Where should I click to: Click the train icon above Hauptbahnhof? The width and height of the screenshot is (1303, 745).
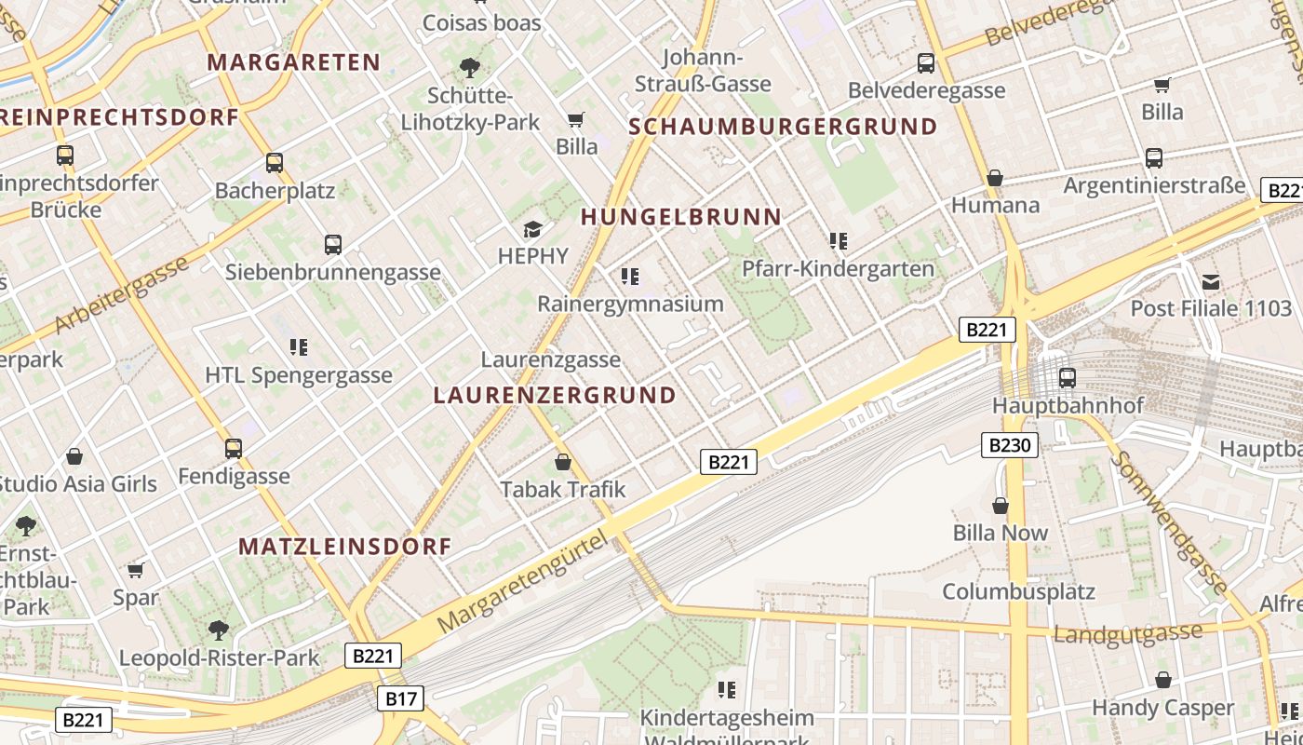[1068, 378]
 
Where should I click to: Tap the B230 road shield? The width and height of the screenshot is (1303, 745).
[1010, 445]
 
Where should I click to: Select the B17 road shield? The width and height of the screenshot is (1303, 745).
[402, 698]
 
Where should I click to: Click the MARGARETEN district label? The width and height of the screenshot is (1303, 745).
[294, 62]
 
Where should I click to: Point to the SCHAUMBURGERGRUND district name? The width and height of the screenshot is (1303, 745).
[784, 127]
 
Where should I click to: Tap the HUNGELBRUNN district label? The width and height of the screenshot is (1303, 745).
[681, 217]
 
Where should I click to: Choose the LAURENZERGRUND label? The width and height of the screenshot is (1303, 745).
[555, 395]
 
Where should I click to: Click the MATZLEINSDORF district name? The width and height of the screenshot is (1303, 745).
[345, 547]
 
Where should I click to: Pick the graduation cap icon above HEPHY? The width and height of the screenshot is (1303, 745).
[532, 229]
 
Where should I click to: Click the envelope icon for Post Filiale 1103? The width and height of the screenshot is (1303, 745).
[1211, 281]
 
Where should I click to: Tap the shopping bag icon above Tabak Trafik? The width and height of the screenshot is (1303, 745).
[563, 462]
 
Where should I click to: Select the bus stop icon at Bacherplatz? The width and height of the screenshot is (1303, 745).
[275, 163]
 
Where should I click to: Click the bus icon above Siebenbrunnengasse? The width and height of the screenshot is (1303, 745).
[333, 245]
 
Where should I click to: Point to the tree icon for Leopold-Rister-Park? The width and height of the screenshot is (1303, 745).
[219, 630]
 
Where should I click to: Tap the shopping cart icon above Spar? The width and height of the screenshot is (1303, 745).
[136, 570]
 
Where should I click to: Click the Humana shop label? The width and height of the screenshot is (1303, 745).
[995, 205]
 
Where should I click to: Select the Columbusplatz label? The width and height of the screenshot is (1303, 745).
[1018, 591]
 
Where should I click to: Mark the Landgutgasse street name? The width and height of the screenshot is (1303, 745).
[1127, 633]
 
